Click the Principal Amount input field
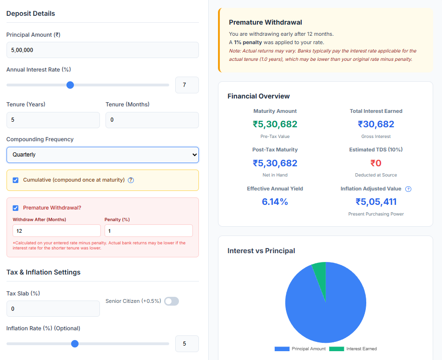(x=102, y=50)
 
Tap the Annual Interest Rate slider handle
(x=70, y=85)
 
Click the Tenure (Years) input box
(x=53, y=120)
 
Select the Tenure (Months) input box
(x=152, y=120)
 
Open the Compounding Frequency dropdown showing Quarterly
(x=102, y=155)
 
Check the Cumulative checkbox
(x=16, y=180)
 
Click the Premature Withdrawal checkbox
(x=16, y=208)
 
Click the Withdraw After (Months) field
(x=56, y=231)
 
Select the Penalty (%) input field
(x=148, y=231)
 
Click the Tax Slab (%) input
(x=53, y=309)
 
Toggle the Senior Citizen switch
(x=172, y=301)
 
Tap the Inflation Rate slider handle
(x=75, y=344)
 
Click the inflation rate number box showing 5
(x=187, y=344)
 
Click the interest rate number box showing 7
(x=187, y=85)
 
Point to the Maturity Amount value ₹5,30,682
(x=275, y=124)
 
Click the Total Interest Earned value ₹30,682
(x=376, y=124)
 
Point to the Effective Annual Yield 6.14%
(x=275, y=202)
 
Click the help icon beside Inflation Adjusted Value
(x=408, y=189)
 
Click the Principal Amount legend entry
(x=299, y=349)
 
